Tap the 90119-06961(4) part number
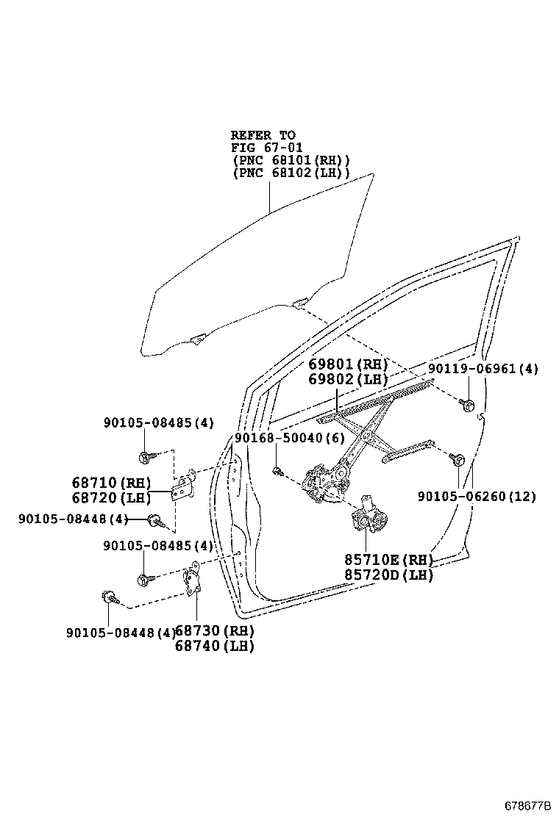483,370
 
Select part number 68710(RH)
111,483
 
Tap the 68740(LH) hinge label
214,646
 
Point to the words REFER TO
263,135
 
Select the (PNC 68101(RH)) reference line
291,160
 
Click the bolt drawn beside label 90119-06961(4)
466,403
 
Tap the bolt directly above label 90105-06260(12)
456,460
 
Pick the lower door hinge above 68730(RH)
193,580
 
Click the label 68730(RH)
214,631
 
